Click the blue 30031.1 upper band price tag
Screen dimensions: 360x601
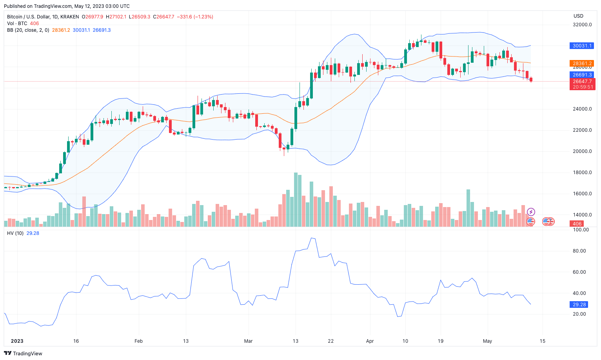[x=582, y=46]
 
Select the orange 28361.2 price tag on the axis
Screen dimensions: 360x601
[x=582, y=64]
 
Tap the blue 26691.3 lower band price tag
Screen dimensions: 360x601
[x=582, y=75]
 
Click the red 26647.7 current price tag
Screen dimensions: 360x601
[x=582, y=82]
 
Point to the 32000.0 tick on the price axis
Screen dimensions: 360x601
[x=582, y=25]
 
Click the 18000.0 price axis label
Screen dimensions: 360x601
[x=582, y=173]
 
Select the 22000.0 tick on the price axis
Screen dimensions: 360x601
[x=582, y=130]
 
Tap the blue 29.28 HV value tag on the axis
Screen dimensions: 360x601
[x=579, y=305]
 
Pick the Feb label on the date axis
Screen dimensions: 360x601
[x=138, y=341]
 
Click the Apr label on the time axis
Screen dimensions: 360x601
[x=370, y=341]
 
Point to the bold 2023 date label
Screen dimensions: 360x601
[x=17, y=341]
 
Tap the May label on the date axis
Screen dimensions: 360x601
[x=487, y=341]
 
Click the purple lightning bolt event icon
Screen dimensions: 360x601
[x=531, y=212]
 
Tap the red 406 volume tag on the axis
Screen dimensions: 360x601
[x=577, y=224]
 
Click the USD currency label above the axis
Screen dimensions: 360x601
[x=578, y=16]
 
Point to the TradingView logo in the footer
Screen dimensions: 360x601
[x=23, y=353]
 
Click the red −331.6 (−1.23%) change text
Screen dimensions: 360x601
[x=195, y=17]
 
